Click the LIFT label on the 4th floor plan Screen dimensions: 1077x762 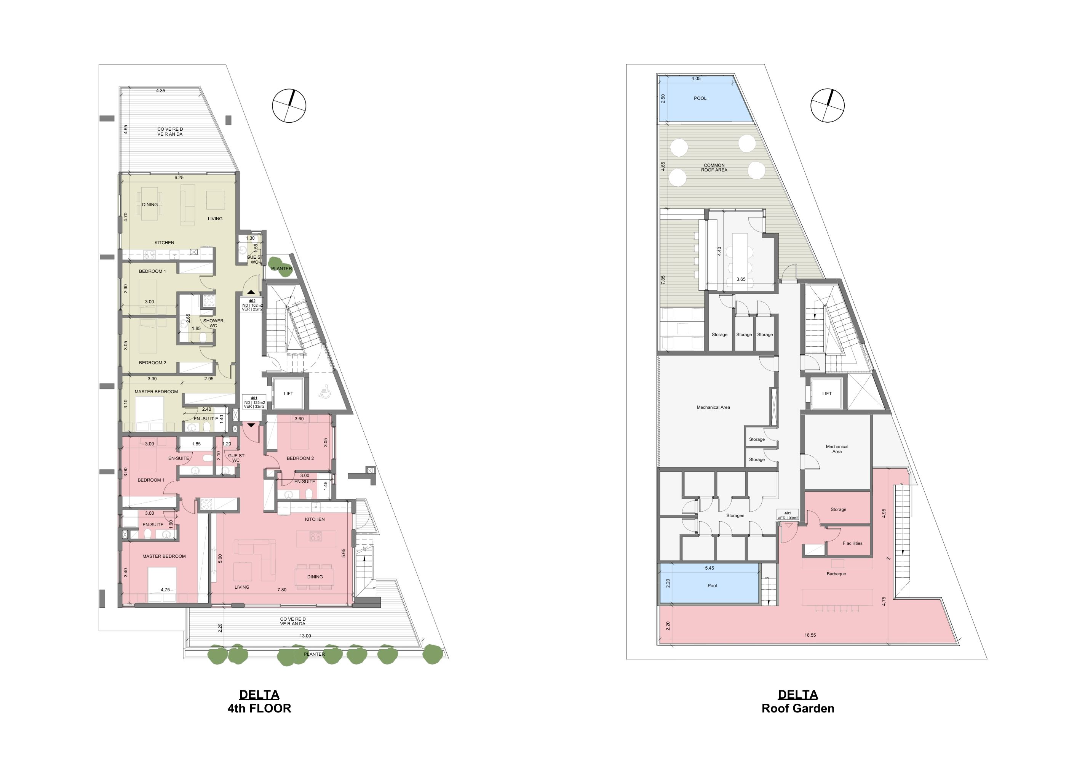click(289, 394)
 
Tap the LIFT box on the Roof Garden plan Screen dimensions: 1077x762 click(827, 394)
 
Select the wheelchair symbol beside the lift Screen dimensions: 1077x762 click(324, 391)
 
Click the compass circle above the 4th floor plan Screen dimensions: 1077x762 click(289, 106)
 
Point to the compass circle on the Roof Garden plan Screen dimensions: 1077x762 click(828, 106)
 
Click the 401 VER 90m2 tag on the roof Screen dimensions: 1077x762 click(788, 515)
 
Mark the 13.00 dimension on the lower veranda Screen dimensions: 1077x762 click(305, 636)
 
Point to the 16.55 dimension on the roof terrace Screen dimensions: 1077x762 click(810, 635)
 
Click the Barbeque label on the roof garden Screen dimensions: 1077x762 click(836, 574)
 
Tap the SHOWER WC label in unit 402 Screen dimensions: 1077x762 click(213, 323)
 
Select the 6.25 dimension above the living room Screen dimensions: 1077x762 click(179, 178)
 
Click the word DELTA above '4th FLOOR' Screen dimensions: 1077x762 click(259, 695)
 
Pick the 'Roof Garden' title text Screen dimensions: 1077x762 click(798, 709)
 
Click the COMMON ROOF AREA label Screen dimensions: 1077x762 click(714, 168)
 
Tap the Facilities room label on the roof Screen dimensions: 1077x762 click(852, 543)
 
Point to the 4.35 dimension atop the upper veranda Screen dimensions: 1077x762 click(160, 91)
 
